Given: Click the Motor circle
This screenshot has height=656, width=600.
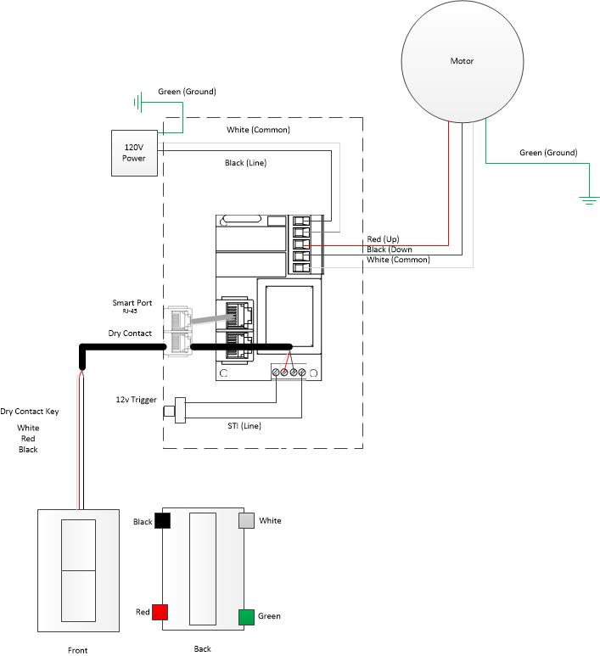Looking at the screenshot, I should [461, 61].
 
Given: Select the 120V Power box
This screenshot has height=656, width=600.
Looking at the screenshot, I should [134, 153].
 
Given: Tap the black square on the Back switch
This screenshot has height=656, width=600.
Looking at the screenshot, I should [162, 520].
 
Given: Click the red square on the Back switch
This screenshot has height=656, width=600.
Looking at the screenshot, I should [160, 612].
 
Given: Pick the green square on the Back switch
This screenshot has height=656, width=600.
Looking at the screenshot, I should [246, 617].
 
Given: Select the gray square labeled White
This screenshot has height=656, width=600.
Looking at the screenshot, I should [246, 520].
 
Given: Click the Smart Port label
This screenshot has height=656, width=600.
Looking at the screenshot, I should [133, 303].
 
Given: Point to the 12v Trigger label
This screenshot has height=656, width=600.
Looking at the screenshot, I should [136, 399].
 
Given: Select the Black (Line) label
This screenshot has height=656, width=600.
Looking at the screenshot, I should [245, 163].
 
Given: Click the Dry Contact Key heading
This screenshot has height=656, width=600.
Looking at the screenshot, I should [30, 411].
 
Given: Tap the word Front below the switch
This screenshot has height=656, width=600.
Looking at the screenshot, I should [77, 651].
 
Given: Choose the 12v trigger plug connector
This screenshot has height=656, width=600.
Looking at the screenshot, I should [178, 407].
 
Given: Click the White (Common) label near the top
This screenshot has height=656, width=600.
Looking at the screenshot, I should [258, 130].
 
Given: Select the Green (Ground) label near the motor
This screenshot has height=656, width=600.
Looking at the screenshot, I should [547, 153].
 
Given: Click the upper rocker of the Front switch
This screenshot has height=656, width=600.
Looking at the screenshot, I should [78, 545].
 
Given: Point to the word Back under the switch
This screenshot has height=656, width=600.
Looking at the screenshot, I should [202, 648].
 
